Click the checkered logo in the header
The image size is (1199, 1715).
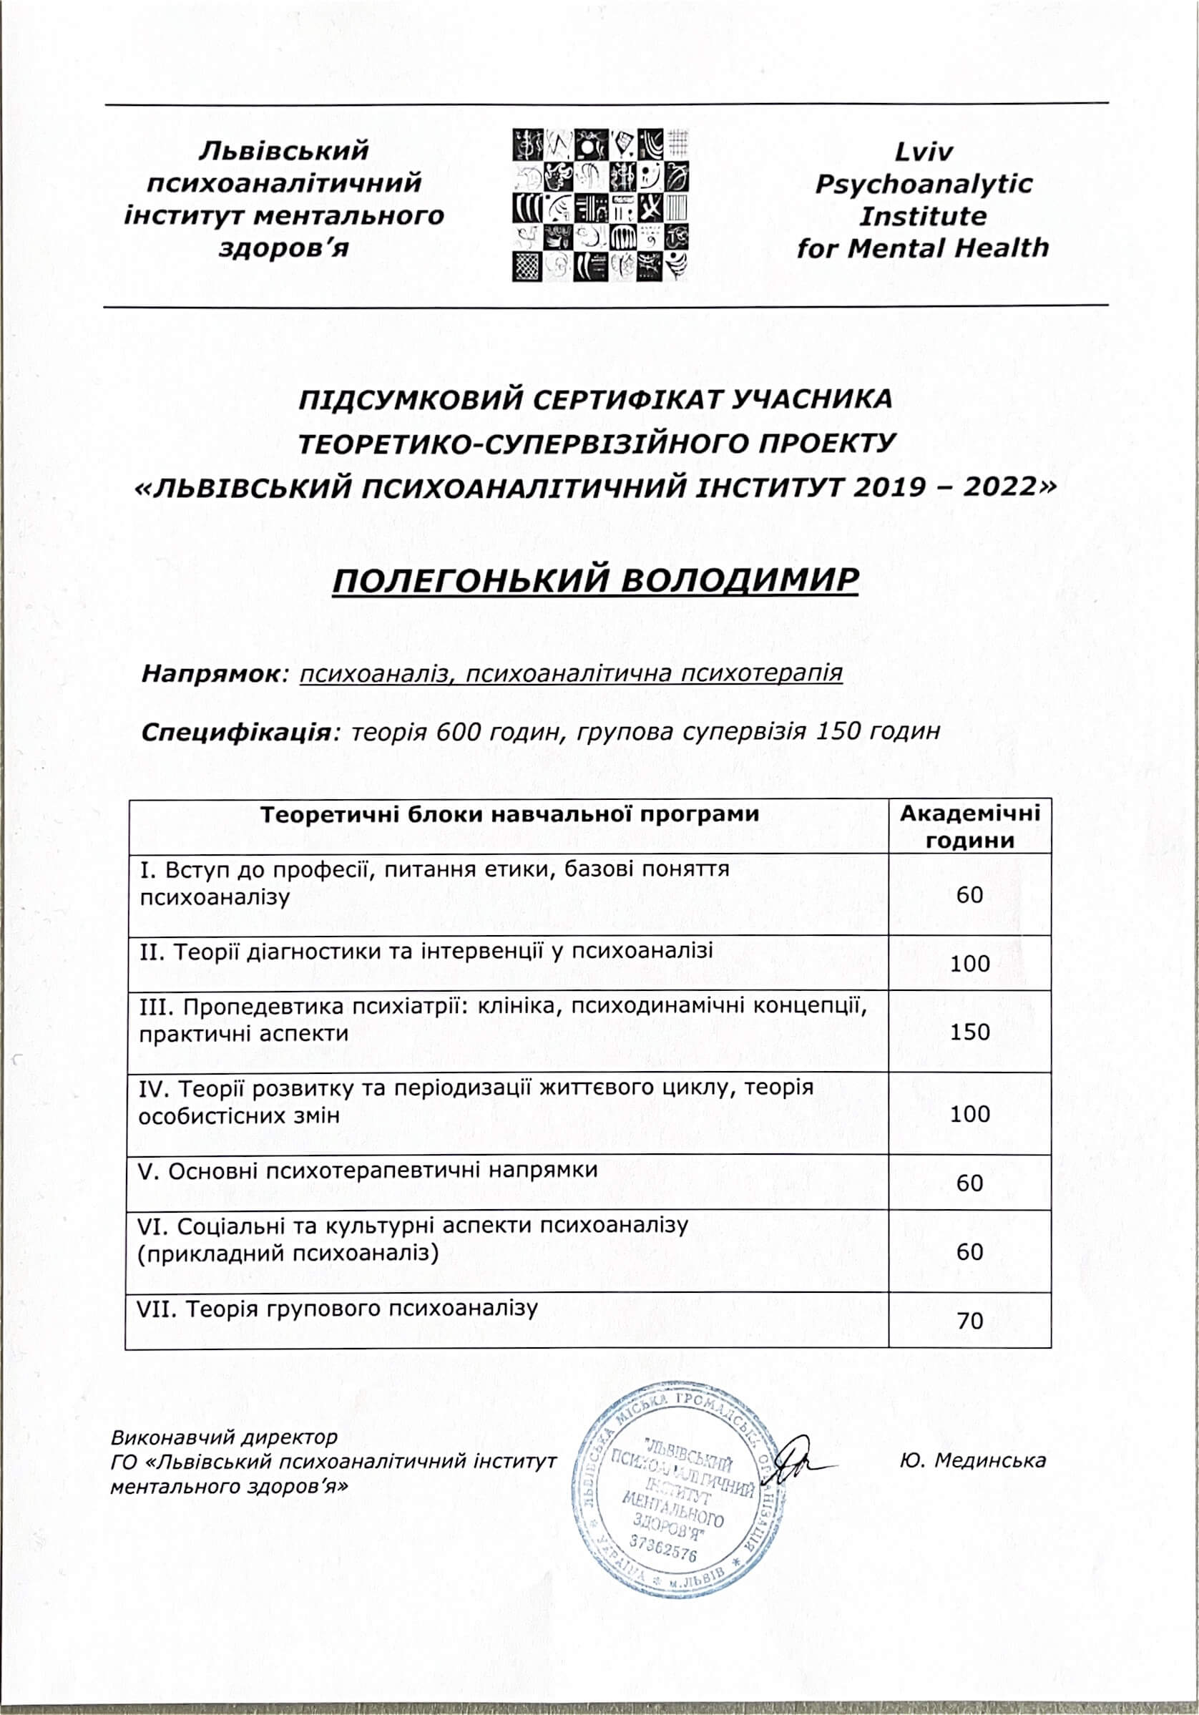click(600, 205)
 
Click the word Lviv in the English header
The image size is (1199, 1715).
click(924, 152)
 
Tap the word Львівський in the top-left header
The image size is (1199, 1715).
click(284, 150)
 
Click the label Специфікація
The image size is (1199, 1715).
click(236, 731)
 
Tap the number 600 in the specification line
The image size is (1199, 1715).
click(459, 731)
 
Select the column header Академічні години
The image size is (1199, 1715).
click(969, 826)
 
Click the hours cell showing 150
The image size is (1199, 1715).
click(969, 1032)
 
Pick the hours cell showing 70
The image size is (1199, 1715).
click(969, 1321)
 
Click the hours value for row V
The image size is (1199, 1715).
click(969, 1183)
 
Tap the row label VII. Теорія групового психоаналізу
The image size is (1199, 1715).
click(337, 1309)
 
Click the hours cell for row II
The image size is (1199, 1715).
click(969, 964)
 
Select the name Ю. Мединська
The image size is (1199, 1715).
click(973, 1460)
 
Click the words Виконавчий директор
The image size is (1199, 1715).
click(224, 1437)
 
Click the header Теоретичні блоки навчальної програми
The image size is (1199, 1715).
click(509, 814)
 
